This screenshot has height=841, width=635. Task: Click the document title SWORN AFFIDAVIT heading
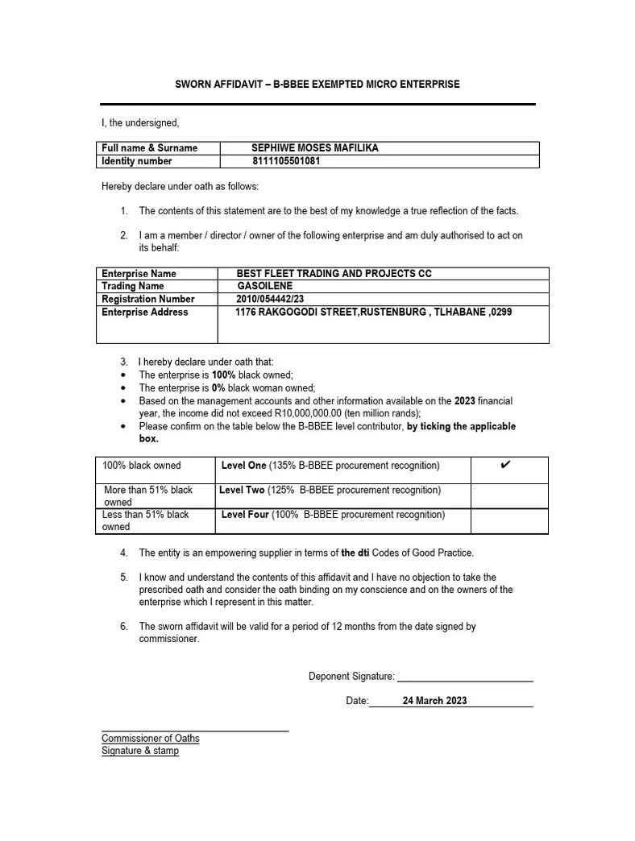(x=317, y=85)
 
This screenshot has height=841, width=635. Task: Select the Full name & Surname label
(x=149, y=148)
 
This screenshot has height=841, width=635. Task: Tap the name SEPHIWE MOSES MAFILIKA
(x=315, y=148)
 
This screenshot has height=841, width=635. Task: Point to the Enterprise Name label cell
(x=139, y=274)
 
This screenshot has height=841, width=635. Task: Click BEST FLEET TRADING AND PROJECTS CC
(x=334, y=274)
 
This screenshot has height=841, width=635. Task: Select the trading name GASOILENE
(x=265, y=286)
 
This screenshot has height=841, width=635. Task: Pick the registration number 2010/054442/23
(x=271, y=299)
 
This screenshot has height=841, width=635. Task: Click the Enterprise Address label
(x=145, y=312)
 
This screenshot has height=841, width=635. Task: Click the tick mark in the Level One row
(x=505, y=465)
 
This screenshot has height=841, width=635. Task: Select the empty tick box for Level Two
(x=509, y=495)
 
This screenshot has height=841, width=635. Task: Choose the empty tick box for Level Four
(x=509, y=520)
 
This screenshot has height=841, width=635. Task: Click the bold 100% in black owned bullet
(x=223, y=375)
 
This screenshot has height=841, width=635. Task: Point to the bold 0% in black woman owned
(x=218, y=387)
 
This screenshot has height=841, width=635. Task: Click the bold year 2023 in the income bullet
(x=465, y=400)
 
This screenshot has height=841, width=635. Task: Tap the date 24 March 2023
(x=434, y=701)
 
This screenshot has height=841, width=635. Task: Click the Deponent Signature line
(x=465, y=677)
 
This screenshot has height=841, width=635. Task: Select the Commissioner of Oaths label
(x=151, y=739)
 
